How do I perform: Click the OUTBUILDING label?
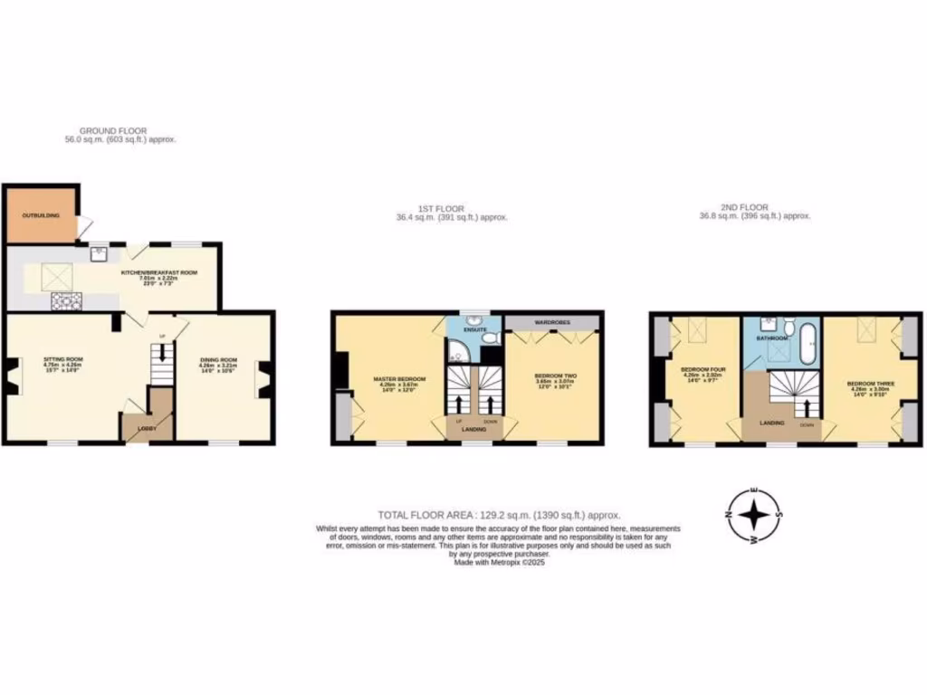click(35, 215)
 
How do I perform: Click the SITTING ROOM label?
click(62, 359)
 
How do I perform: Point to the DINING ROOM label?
click(218, 360)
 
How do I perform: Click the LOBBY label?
click(146, 428)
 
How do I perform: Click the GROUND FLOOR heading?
click(112, 131)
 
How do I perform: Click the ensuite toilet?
click(489, 338)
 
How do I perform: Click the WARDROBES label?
click(551, 322)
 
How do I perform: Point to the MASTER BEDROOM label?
click(399, 378)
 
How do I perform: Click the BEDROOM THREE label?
click(870, 384)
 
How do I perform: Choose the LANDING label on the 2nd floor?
click(772, 423)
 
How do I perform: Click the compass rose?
click(753, 515)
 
